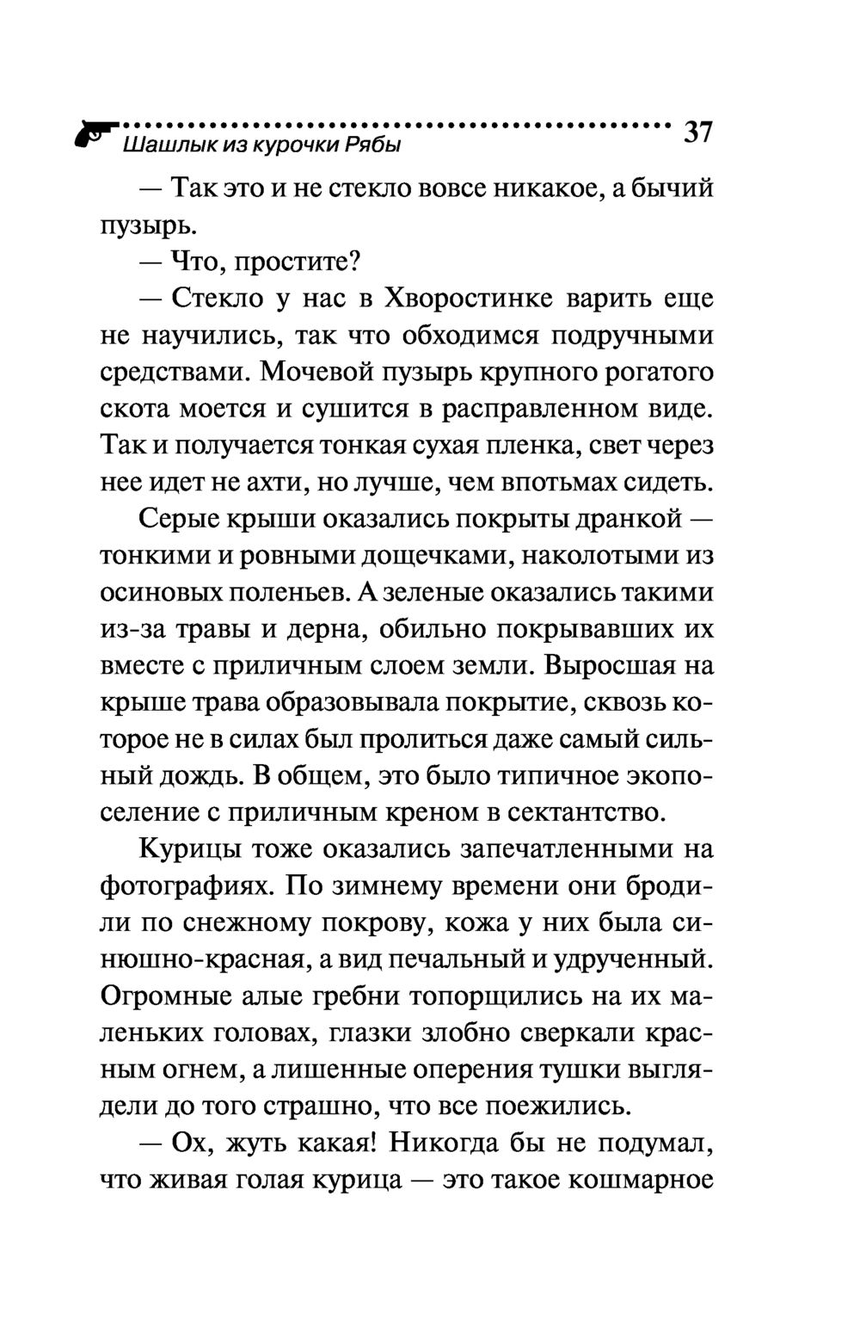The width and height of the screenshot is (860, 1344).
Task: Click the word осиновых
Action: pyautogui.click(x=162, y=594)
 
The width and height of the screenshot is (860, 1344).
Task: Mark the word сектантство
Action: pyautogui.click(x=586, y=811)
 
